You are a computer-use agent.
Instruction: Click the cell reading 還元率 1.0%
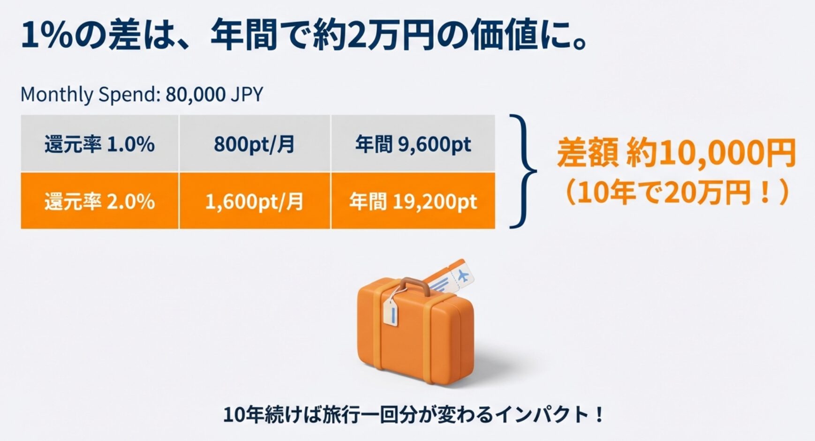tap(99, 143)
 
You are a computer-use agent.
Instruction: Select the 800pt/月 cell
tap(255, 143)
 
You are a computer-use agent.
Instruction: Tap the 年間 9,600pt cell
tap(413, 143)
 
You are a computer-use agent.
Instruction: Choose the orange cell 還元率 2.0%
tap(99, 201)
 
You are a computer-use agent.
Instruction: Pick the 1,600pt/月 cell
tap(255, 201)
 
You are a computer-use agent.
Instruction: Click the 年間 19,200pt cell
tap(413, 201)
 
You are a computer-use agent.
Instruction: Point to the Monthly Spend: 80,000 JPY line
tap(142, 95)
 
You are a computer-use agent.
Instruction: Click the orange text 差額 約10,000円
tap(676, 153)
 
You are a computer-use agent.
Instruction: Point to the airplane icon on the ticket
tap(463, 275)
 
